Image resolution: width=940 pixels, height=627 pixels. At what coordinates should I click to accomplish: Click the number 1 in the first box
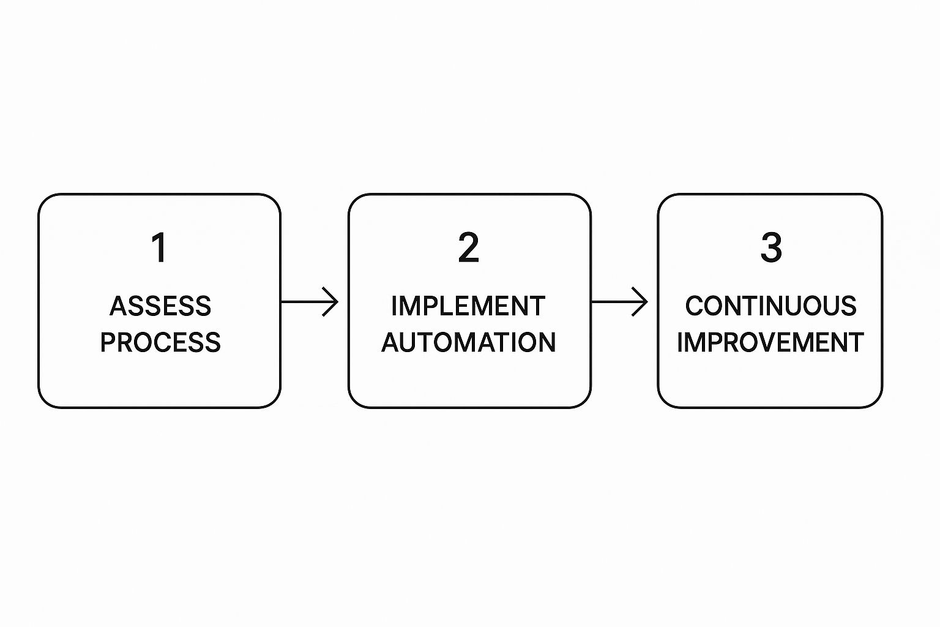(159, 247)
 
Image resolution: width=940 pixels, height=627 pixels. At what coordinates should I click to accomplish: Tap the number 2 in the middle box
(469, 247)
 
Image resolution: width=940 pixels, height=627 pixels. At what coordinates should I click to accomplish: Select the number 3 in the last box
(771, 247)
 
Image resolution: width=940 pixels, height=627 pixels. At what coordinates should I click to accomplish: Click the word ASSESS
(160, 306)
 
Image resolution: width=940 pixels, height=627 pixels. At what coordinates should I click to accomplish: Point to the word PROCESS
(160, 342)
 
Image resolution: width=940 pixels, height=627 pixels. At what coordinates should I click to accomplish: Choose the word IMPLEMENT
(468, 306)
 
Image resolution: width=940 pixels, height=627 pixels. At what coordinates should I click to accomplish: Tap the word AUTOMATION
(469, 342)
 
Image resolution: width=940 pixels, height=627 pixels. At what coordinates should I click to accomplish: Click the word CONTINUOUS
(770, 306)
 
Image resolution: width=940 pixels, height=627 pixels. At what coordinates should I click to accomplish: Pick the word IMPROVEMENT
(770, 342)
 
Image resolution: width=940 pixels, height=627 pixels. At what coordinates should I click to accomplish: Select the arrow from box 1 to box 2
(309, 302)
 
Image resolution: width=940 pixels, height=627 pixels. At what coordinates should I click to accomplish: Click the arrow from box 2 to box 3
(619, 302)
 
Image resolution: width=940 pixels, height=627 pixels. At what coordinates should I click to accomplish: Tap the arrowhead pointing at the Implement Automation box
(332, 302)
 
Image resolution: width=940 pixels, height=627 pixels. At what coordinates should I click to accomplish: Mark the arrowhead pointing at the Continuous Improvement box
(642, 302)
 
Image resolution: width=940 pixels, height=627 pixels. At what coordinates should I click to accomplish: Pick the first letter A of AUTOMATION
(391, 342)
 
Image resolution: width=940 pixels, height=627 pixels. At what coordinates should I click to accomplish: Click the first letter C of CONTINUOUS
(695, 306)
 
